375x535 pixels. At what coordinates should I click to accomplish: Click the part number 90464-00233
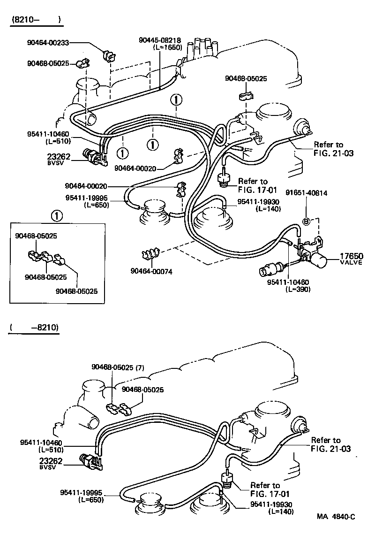[47, 42]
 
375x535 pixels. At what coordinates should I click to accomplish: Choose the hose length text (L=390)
[298, 289]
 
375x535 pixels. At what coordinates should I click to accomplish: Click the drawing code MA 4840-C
[335, 517]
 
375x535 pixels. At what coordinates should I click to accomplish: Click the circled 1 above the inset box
[56, 216]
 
